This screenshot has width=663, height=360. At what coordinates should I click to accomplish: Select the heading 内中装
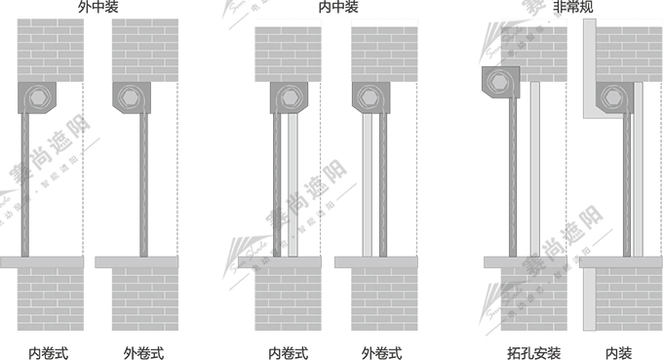pos(338,8)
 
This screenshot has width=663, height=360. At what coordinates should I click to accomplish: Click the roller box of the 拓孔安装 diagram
pos(502,83)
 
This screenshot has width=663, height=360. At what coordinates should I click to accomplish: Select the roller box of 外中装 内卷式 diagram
pos(39,99)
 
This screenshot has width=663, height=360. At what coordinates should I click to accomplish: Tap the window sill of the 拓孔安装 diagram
pos(526,262)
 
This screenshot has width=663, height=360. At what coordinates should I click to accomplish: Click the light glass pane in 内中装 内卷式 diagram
pos(292,185)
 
